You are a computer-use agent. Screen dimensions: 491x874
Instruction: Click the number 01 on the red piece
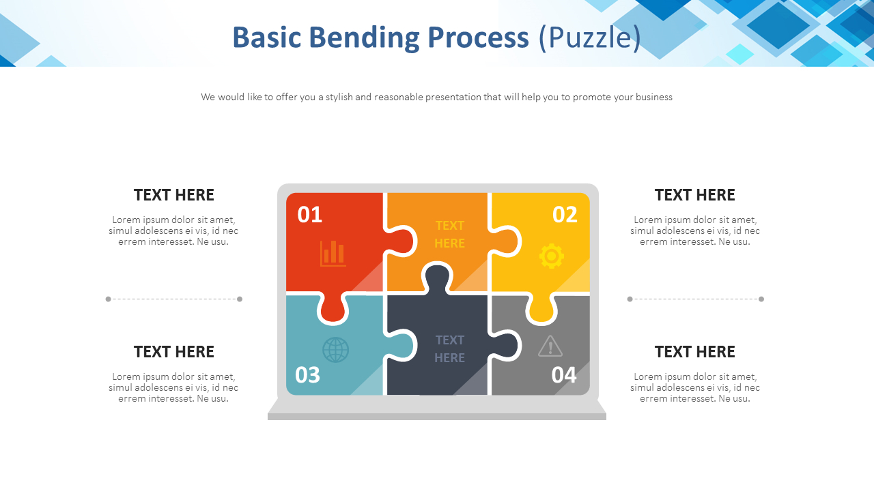click(309, 215)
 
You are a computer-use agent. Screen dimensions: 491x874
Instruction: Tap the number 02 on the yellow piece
click(565, 215)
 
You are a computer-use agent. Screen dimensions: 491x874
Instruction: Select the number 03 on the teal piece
click(307, 375)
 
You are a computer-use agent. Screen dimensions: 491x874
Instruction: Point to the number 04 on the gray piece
click(564, 375)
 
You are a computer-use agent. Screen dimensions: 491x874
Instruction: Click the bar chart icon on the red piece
click(333, 253)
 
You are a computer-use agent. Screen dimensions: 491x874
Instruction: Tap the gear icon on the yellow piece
click(552, 256)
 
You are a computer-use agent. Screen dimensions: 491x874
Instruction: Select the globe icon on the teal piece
click(335, 350)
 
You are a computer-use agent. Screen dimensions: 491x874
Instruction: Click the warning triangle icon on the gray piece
click(550, 346)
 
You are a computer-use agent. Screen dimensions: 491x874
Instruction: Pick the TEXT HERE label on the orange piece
click(449, 234)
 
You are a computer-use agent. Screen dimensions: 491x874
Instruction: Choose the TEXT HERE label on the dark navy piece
click(449, 348)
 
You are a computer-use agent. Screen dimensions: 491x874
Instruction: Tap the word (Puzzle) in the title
click(589, 38)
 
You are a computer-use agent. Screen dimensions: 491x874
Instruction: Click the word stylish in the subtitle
click(339, 97)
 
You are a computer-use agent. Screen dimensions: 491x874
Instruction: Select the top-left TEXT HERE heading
click(174, 195)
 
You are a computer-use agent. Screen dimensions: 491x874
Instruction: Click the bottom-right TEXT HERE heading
click(694, 352)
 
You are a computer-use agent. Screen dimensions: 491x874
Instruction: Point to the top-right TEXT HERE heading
click(694, 195)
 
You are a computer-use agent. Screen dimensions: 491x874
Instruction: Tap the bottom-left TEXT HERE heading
click(174, 352)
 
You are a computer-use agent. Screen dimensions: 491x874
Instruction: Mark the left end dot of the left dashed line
click(108, 299)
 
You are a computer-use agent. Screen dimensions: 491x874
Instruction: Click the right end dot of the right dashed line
click(761, 299)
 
